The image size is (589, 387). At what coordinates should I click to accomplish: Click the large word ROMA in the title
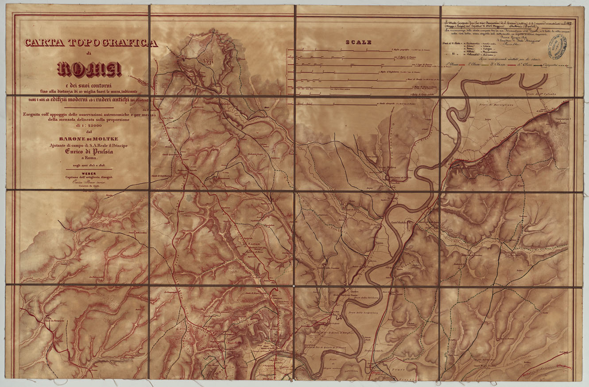click(x=89, y=69)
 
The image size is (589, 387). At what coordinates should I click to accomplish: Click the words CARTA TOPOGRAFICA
click(x=91, y=43)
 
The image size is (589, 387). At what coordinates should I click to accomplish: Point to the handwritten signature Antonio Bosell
click(x=512, y=26)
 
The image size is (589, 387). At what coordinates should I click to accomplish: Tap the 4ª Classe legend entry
click(x=533, y=65)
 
